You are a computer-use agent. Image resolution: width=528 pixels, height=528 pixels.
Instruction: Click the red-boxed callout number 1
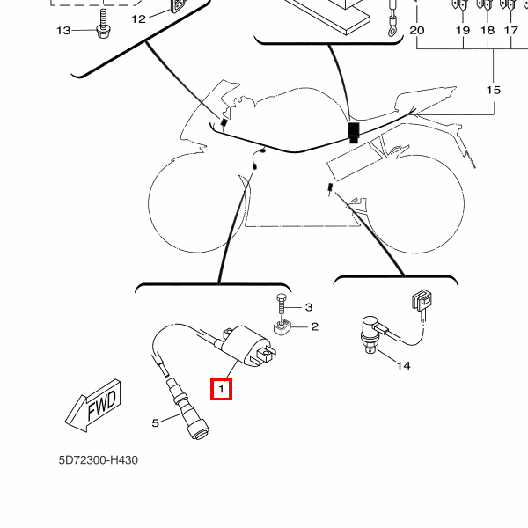(x=221, y=387)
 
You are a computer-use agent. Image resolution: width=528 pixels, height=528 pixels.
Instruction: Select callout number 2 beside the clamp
(x=314, y=326)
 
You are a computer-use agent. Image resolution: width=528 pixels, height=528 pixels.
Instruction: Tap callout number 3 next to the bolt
(x=309, y=307)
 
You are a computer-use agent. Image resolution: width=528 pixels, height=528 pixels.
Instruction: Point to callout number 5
(x=156, y=422)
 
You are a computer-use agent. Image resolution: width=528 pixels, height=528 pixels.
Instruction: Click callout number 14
(x=403, y=365)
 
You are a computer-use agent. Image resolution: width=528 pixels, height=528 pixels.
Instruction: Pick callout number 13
(x=63, y=31)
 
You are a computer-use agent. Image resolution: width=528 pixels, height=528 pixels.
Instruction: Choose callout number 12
(x=139, y=18)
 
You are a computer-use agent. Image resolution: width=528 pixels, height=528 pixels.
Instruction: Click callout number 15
(x=493, y=91)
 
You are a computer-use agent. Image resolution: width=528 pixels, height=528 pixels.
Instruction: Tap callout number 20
(x=417, y=31)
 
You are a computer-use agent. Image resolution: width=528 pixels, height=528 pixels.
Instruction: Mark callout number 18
(x=488, y=31)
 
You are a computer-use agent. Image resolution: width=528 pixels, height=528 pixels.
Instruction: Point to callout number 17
(x=510, y=31)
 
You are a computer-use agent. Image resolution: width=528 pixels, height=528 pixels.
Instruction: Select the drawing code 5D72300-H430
(x=99, y=460)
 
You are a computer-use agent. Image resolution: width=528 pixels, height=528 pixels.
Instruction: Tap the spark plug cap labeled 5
(x=188, y=414)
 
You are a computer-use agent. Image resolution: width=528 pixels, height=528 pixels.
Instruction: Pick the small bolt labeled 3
(x=279, y=304)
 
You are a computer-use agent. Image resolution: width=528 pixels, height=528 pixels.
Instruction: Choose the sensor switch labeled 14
(x=370, y=333)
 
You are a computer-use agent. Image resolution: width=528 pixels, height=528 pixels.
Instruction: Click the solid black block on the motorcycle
(x=354, y=132)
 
